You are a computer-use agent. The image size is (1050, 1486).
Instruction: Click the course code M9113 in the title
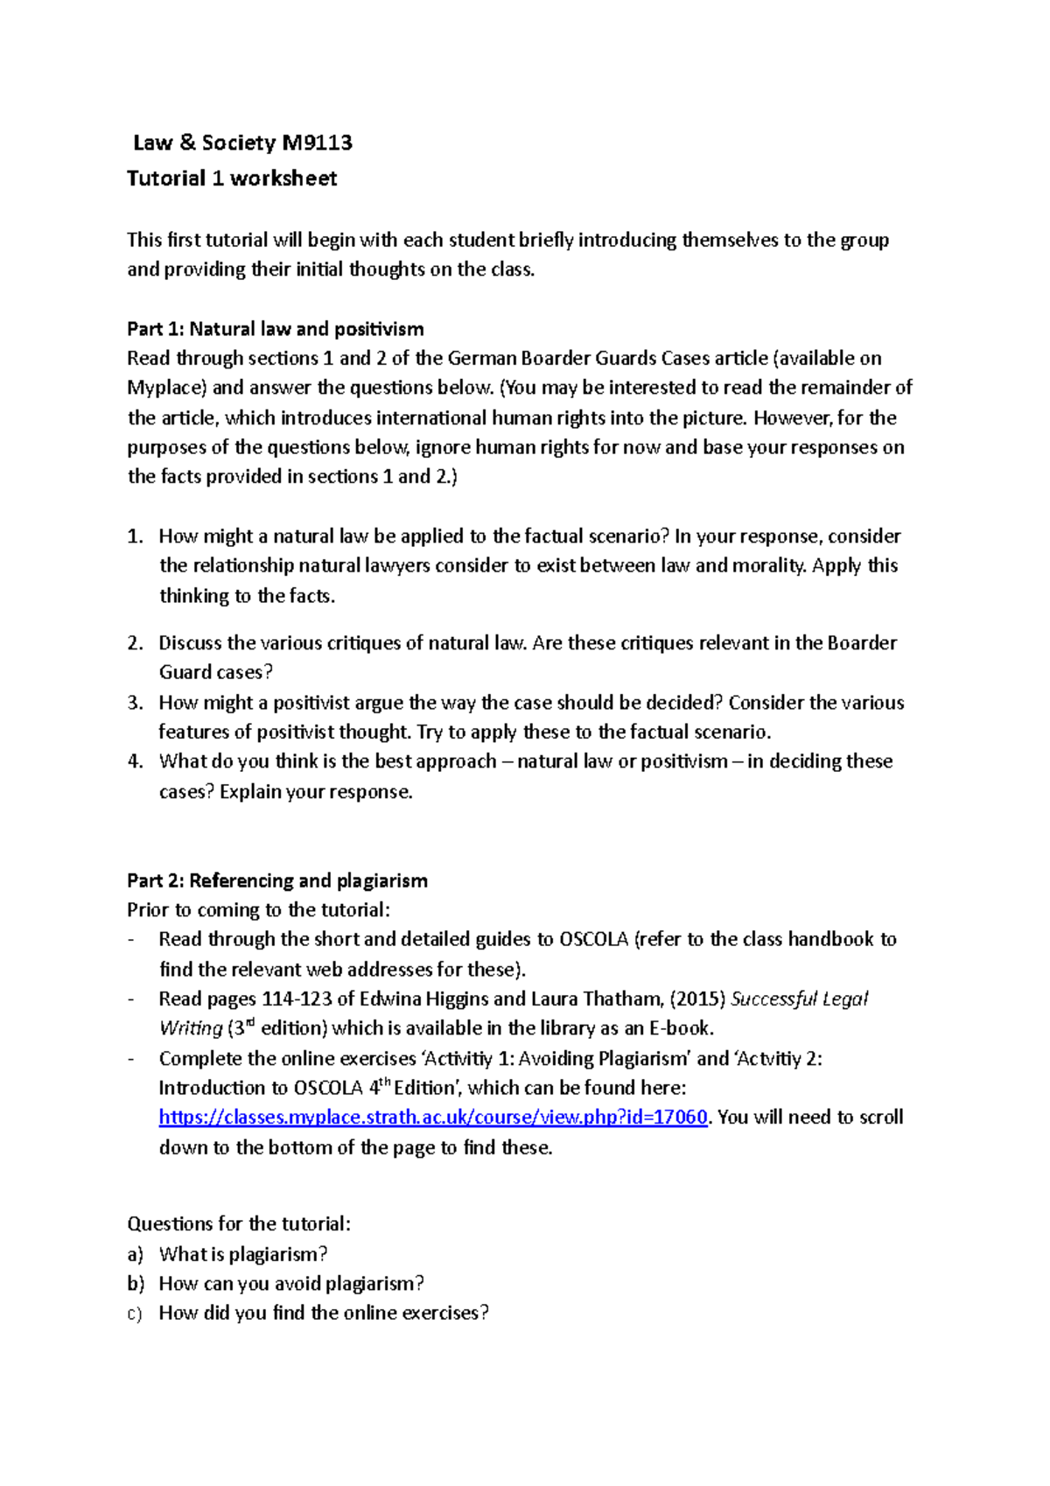tap(317, 143)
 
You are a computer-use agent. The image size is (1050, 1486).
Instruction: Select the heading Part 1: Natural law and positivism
tap(275, 329)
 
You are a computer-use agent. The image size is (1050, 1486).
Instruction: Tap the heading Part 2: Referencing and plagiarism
tap(276, 880)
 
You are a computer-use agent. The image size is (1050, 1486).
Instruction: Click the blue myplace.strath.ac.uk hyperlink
tap(433, 1118)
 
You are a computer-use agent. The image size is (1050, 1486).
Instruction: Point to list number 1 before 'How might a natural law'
tap(134, 536)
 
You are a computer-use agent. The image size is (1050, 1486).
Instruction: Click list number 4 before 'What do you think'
tap(134, 761)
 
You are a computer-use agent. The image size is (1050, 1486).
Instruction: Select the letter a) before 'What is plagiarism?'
tap(135, 1254)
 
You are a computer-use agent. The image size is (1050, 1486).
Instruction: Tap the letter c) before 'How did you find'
tap(135, 1314)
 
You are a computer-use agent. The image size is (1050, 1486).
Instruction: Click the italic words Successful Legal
tap(799, 999)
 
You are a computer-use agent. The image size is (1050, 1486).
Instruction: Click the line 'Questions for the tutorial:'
tap(238, 1223)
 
